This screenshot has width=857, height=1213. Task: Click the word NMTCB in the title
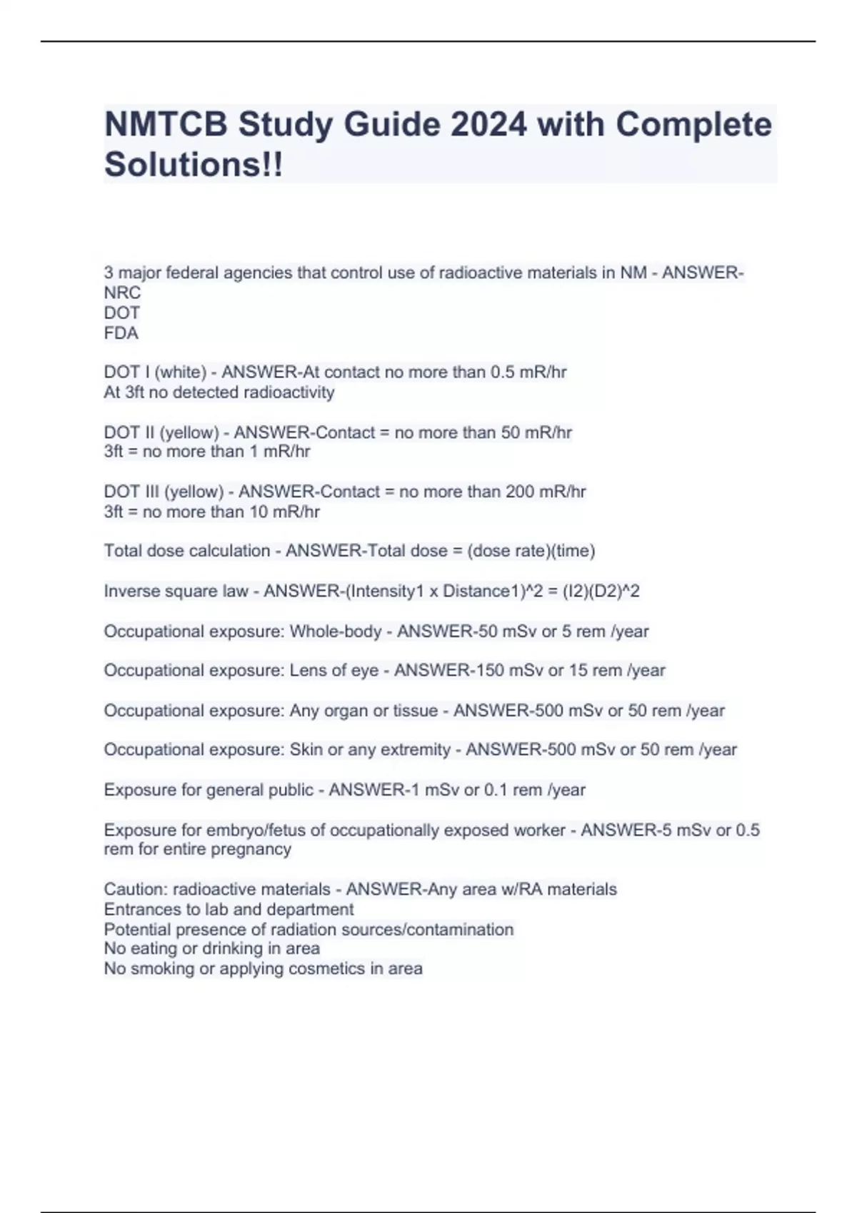pyautogui.click(x=166, y=125)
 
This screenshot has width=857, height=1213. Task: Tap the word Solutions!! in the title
pyautogui.click(x=194, y=165)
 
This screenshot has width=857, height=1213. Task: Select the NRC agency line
pyautogui.click(x=122, y=293)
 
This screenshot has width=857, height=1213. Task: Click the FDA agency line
pyautogui.click(x=121, y=333)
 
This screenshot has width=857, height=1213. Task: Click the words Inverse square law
pyautogui.click(x=176, y=592)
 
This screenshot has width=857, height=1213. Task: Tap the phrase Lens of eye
pyautogui.click(x=334, y=671)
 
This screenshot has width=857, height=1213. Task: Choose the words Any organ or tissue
pyautogui.click(x=364, y=711)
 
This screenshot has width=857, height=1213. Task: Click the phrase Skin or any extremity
pyautogui.click(x=370, y=750)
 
